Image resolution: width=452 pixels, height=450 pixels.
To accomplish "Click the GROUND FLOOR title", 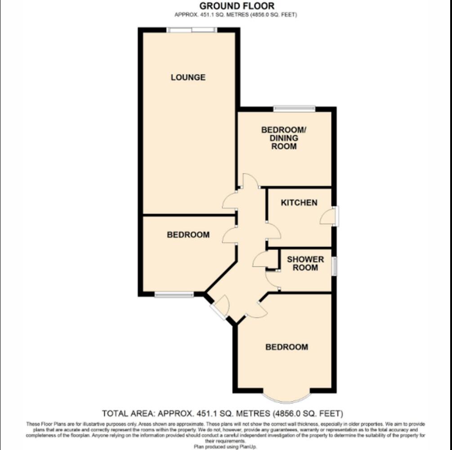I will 237,6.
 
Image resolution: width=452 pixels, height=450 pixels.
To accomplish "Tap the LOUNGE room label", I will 188,77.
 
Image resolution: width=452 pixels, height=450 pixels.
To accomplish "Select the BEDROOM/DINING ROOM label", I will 284,138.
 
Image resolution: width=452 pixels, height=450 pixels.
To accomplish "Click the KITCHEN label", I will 299,202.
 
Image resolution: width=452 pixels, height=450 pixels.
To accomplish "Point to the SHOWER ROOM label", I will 305,263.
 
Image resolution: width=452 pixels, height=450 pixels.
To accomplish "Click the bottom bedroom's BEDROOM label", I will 286,347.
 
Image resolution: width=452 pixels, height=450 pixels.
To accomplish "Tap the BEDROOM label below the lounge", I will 188,235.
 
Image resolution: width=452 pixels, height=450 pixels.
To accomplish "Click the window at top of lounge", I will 192,30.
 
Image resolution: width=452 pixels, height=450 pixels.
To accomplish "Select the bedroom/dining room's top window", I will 294,108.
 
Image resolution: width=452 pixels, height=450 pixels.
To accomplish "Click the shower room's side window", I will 334,266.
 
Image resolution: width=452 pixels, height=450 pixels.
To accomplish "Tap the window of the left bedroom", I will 174,295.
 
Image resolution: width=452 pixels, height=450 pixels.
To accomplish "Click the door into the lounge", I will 230,201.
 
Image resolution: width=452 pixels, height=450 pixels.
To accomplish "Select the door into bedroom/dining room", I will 250,181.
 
